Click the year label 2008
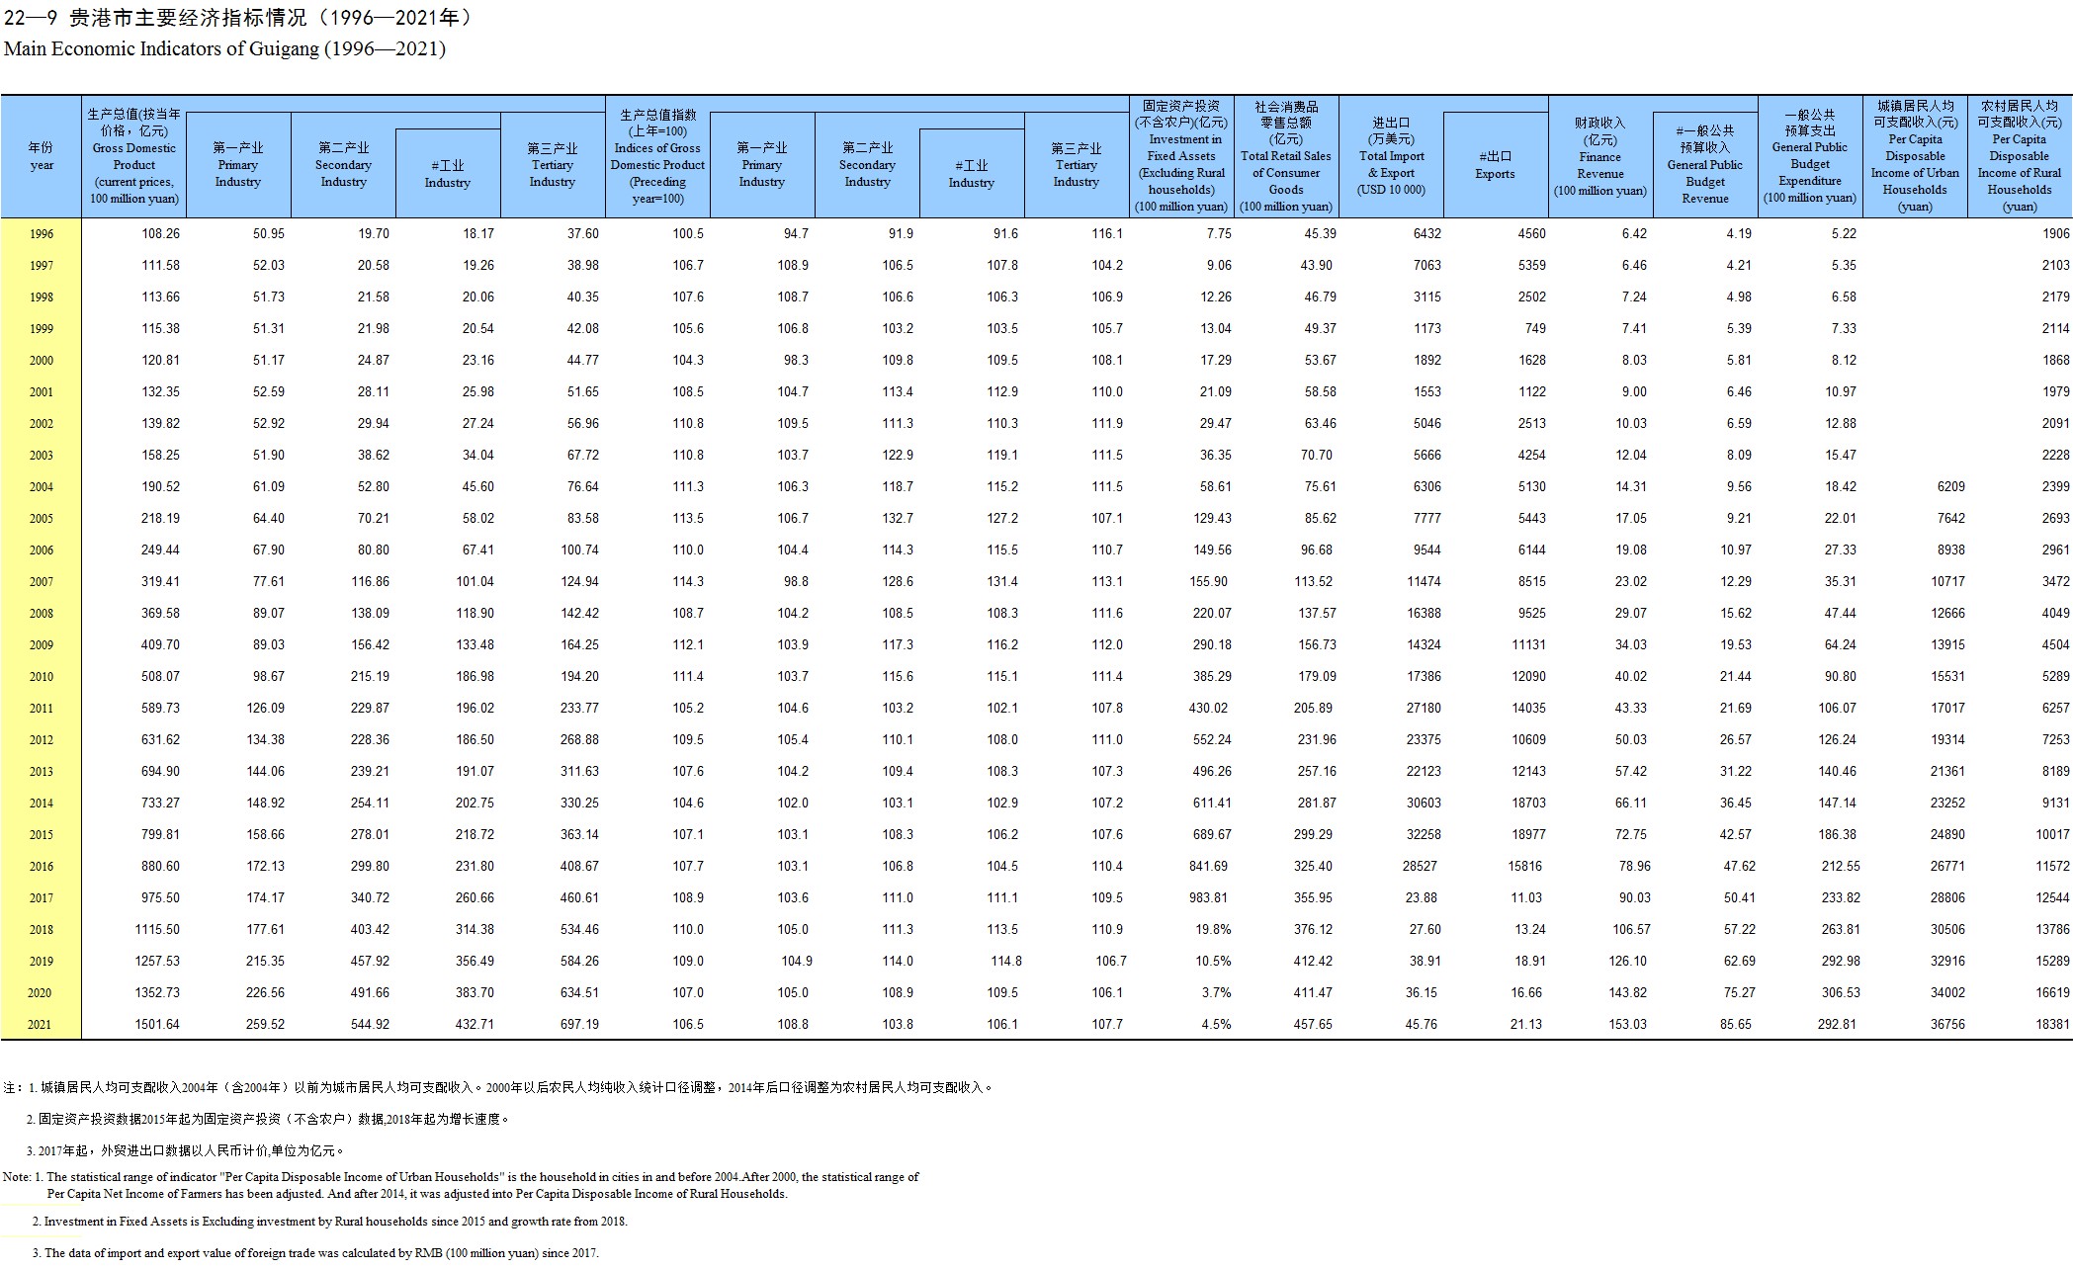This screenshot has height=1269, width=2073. click(41, 614)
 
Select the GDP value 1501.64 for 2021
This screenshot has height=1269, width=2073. click(157, 1025)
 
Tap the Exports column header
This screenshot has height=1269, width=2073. click(1495, 165)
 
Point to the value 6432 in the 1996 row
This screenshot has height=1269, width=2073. click(1427, 234)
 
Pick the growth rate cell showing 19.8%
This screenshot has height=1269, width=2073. click(1214, 930)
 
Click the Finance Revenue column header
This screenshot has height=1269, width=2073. click(1599, 157)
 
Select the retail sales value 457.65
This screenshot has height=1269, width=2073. click(1314, 1025)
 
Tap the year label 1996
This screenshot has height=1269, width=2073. click(41, 234)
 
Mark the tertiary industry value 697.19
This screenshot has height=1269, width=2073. click(579, 1025)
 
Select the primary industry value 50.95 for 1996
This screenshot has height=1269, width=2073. click(269, 234)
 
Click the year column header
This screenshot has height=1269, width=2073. click(41, 156)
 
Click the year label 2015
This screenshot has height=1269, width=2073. click(41, 835)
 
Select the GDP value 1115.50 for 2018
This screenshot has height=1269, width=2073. click(157, 930)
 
